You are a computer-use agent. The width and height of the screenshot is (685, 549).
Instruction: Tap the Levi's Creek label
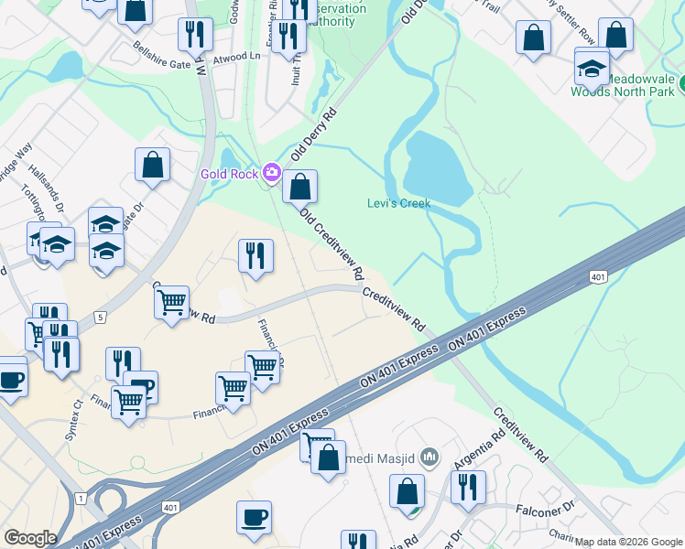(398, 203)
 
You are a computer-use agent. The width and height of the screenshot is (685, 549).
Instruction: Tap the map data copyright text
(627, 542)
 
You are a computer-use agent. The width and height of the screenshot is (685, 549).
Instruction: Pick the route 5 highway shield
(100, 317)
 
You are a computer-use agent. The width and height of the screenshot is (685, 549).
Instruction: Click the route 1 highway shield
(82, 498)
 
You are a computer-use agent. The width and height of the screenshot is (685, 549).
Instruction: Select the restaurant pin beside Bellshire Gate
(195, 34)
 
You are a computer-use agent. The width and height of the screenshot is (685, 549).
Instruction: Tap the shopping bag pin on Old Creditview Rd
(299, 187)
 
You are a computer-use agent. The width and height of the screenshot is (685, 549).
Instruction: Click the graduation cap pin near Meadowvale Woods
(592, 67)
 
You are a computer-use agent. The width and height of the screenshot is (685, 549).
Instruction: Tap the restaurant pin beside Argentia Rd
(468, 489)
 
